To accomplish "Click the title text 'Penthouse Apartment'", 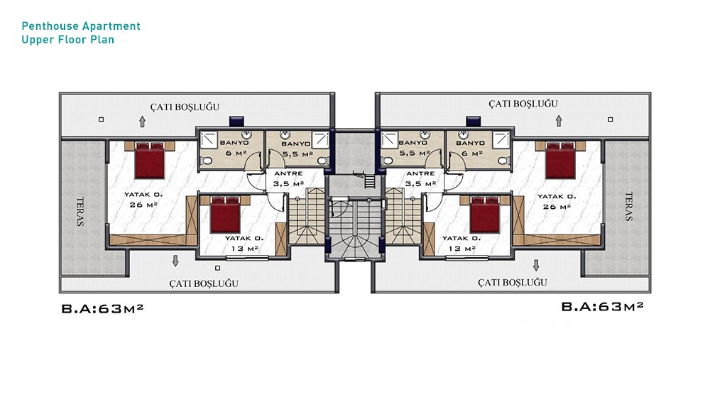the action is point(81,26).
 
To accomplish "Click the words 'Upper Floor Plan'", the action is point(68,40).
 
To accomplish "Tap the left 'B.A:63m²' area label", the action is point(102,308).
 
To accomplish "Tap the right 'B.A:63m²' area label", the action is point(602,307).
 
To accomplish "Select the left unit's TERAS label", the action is point(80,212).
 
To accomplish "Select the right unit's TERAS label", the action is point(628,207).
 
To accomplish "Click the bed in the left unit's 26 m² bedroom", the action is point(149,160).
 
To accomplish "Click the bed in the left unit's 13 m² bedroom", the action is point(225,215).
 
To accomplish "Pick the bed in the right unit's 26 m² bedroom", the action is point(561,160).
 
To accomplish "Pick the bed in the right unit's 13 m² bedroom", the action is point(485,215).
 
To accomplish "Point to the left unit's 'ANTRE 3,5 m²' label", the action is point(288,179).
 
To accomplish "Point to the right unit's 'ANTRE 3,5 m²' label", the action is point(420,179).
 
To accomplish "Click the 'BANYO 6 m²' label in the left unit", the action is point(234,148).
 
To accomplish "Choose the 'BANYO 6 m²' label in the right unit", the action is point(471,148).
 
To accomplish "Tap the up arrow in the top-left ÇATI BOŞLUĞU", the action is point(142,121).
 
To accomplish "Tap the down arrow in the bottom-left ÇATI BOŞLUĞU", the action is point(175,261).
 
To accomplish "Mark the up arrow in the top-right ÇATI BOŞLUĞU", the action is point(559,121).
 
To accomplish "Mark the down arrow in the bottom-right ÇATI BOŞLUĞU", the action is point(536,265).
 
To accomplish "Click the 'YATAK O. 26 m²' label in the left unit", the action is point(143,200).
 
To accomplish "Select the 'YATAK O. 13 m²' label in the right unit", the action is point(461,243).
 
